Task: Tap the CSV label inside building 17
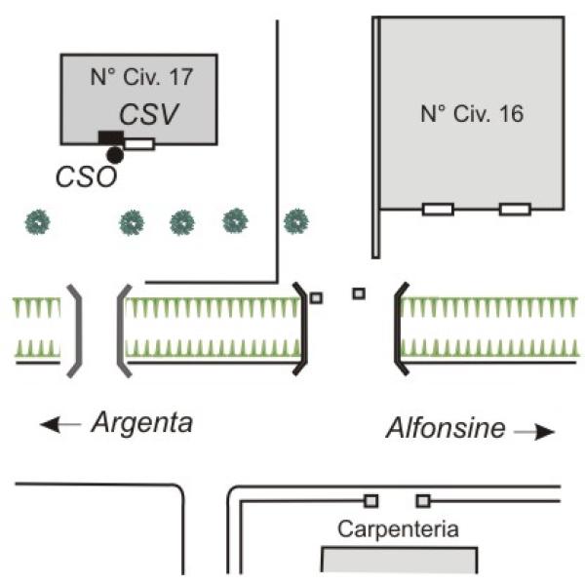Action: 148,113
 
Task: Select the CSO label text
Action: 86,176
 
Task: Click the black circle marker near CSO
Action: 115,154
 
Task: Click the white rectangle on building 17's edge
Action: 139,144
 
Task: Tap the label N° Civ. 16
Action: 472,114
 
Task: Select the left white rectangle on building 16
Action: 437,209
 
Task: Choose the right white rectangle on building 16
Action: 514,209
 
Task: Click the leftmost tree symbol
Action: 37,222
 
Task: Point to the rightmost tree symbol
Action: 295,222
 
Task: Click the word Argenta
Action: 142,423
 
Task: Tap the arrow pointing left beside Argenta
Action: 59,424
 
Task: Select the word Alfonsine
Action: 446,428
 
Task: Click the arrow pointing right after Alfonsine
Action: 534,431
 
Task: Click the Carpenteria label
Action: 398,530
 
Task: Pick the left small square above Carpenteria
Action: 370,501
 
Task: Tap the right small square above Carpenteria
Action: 422,501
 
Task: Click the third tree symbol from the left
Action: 182,222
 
